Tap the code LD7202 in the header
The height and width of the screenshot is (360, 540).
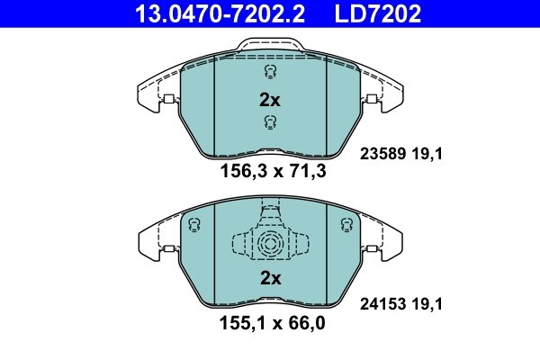click(x=378, y=13)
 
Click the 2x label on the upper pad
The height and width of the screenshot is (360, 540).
click(x=270, y=100)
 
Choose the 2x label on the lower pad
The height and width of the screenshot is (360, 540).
click(x=270, y=278)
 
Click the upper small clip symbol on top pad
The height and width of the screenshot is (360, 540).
click(x=269, y=73)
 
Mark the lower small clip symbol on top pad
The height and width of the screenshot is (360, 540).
click(x=269, y=123)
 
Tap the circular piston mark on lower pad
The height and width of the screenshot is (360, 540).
click(x=269, y=244)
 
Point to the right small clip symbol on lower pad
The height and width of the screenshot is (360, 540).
click(x=343, y=225)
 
